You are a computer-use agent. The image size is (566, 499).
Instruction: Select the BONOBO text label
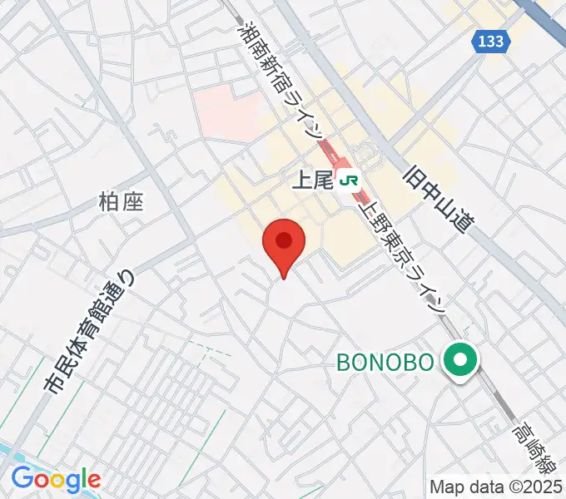[385, 362]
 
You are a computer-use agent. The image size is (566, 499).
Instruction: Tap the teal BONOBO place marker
[459, 362]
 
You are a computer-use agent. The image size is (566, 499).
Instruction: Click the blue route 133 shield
[491, 42]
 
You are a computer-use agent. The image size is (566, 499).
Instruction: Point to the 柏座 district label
[122, 202]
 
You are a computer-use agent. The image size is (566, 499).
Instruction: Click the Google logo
[56, 479]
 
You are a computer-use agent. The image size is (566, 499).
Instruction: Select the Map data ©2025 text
[495, 487]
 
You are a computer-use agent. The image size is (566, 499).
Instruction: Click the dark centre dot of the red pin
[284, 240]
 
